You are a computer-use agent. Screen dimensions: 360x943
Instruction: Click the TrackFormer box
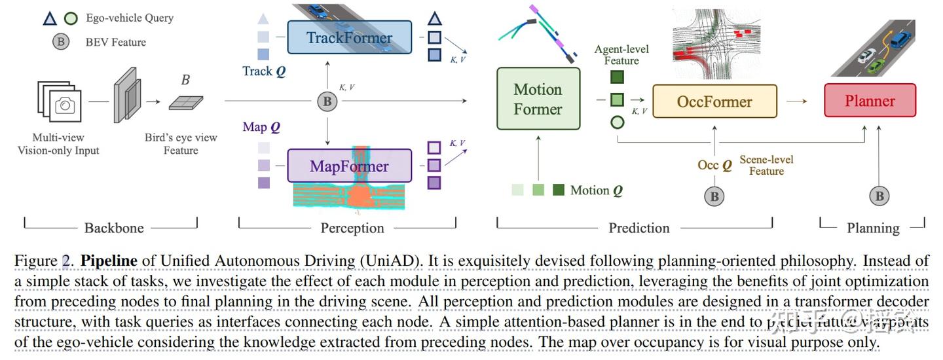coord(349,37)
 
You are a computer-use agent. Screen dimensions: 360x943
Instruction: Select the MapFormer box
coord(349,166)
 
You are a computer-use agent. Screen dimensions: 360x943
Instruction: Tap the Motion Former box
coord(538,99)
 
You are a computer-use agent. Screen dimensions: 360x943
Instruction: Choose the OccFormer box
coord(714,101)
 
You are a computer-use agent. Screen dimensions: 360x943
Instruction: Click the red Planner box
coord(869,101)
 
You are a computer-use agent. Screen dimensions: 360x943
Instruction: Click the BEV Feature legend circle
coord(61,42)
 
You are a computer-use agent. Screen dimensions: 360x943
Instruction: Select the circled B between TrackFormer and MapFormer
coord(326,101)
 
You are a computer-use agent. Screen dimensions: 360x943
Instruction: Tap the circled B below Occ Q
coord(714,196)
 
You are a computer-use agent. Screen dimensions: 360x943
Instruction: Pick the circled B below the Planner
coord(879,196)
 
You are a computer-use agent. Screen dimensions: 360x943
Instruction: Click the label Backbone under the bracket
coord(114,228)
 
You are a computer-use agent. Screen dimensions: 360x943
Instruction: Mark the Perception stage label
coord(352,228)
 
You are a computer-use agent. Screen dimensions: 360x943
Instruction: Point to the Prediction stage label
coord(639,228)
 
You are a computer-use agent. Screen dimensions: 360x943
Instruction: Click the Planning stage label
coord(873,228)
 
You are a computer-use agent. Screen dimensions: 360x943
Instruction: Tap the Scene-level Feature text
coord(766,165)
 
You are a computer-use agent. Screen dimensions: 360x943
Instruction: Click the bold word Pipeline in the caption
coord(109,261)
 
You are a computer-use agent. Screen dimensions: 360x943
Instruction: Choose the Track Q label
coord(264,71)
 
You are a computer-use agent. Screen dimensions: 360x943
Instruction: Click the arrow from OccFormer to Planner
coord(797,101)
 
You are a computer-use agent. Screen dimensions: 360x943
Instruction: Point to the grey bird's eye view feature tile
coord(185,103)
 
